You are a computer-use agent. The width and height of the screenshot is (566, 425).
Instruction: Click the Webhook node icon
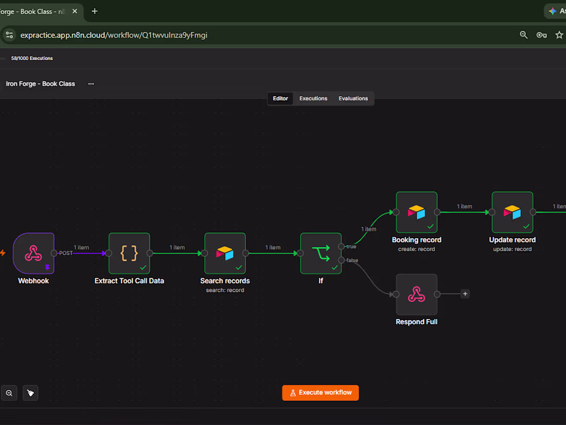tap(33, 253)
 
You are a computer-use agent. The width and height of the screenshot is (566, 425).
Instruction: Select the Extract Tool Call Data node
tap(129, 253)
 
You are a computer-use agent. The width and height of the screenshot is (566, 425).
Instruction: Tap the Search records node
tap(225, 253)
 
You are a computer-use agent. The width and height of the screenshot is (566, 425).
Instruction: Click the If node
tap(321, 253)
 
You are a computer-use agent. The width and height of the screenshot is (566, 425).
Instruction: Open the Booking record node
tap(417, 213)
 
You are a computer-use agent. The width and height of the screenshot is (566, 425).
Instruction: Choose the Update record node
tap(512, 213)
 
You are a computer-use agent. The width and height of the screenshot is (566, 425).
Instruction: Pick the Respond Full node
tap(417, 294)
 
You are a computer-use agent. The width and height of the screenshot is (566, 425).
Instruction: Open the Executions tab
tap(313, 99)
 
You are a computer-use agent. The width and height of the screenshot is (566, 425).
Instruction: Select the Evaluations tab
tap(353, 99)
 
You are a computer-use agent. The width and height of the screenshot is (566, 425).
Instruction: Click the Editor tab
tap(280, 99)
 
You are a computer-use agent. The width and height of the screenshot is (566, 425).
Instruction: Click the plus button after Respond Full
tap(465, 294)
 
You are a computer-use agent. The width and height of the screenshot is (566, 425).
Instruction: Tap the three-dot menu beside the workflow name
tap(91, 84)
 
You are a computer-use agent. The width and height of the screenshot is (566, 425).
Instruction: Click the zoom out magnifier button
tap(9, 393)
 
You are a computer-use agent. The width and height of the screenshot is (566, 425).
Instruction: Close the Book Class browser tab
tap(75, 11)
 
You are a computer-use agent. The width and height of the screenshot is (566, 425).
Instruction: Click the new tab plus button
tap(95, 11)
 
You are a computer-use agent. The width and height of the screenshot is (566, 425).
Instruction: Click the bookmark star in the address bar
tap(559, 35)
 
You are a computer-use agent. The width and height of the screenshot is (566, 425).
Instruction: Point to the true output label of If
tap(351, 246)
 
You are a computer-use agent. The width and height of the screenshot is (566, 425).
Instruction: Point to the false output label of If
tap(352, 260)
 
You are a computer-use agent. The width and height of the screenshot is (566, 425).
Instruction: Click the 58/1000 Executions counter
tap(32, 58)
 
